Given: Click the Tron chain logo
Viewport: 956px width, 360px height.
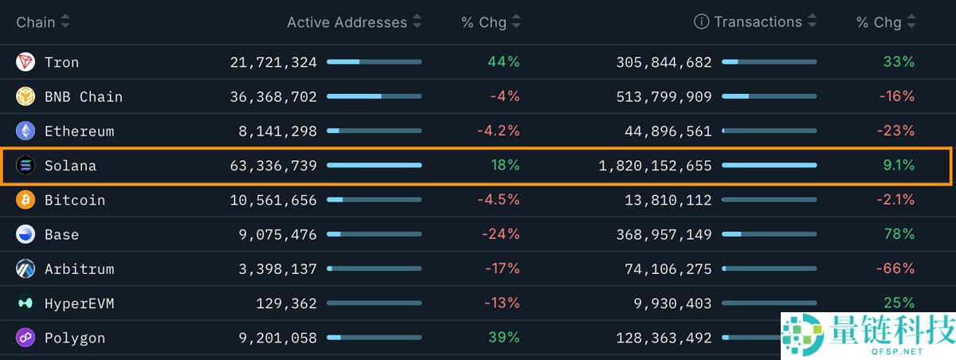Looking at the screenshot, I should pos(25,62).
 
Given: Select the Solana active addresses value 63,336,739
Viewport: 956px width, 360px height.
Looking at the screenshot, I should pos(273,166).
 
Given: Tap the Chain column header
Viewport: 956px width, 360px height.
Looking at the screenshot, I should pos(36,22).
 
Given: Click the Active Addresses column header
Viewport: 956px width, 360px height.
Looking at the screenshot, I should pos(347,22).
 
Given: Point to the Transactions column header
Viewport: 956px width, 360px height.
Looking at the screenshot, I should pos(758,22).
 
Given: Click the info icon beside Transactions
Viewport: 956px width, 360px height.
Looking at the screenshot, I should pos(701,22).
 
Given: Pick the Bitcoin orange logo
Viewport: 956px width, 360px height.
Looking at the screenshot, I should pos(25,200).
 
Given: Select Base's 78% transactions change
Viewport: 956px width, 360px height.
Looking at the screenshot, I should pos(899,234).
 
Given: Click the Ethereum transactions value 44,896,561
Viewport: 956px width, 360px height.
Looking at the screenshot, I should pos(664,131).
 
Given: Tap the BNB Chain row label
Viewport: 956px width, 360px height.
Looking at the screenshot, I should pos(84,97).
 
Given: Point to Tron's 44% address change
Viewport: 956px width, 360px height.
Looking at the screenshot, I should pos(503,62).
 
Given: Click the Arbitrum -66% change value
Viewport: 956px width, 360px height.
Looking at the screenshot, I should pos(895,269).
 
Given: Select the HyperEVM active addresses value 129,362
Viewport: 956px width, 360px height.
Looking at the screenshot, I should pos(286,303).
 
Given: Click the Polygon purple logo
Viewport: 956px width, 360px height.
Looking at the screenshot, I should pos(25,338).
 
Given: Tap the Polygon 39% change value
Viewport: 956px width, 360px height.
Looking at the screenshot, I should pos(503,338).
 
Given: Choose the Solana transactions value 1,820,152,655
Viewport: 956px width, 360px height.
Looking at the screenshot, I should pos(655,166).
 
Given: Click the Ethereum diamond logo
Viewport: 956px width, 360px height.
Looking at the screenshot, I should pos(25,131).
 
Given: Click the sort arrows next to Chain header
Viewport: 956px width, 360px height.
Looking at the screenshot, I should pos(65,22).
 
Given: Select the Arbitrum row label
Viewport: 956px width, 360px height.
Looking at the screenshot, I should pos(79,269).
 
